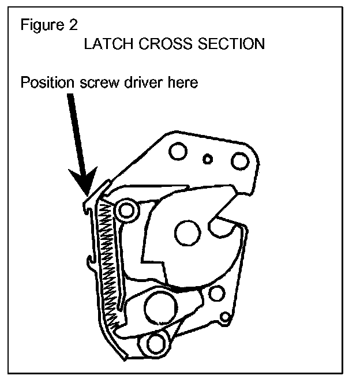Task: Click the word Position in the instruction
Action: click(x=47, y=82)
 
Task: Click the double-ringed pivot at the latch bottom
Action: click(x=156, y=344)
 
